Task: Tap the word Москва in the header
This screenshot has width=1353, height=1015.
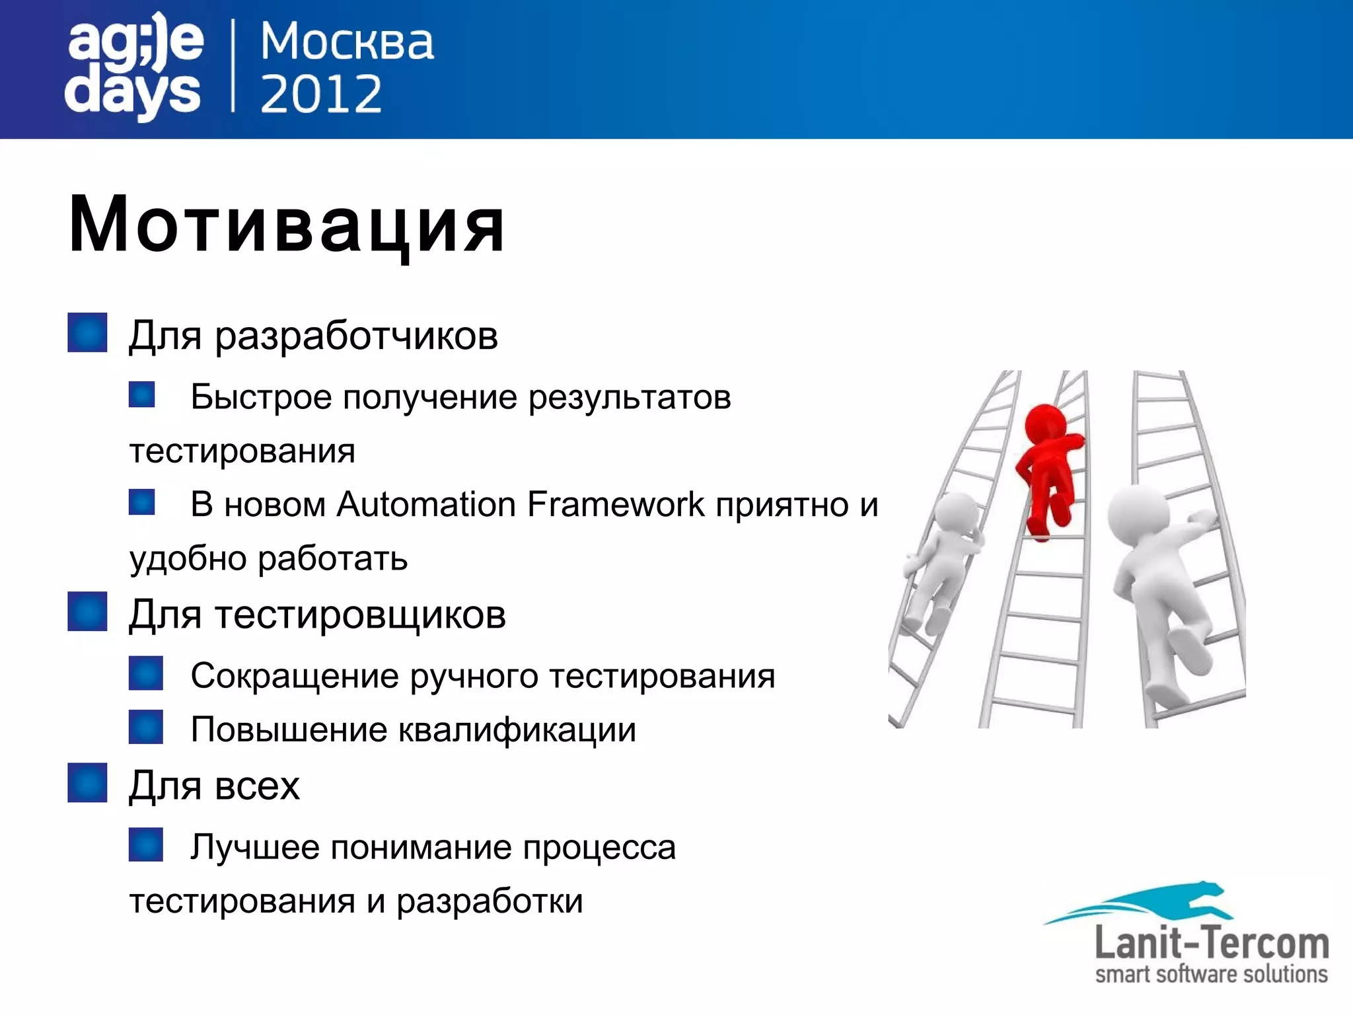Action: [x=347, y=42]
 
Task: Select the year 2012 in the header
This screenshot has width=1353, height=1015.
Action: [x=321, y=94]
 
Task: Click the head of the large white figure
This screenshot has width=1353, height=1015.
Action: [x=1138, y=515]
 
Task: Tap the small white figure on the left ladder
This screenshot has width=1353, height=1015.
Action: [x=941, y=562]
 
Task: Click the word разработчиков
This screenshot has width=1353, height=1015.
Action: [x=356, y=336]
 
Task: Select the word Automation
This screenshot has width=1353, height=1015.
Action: [x=426, y=505]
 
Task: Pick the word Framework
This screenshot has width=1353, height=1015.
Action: [x=616, y=505]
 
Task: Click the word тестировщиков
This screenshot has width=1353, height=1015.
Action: [x=361, y=615]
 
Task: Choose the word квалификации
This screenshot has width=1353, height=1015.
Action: [x=517, y=730]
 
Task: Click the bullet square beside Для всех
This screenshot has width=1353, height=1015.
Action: [x=87, y=783]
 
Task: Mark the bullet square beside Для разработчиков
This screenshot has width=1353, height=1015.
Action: [x=87, y=332]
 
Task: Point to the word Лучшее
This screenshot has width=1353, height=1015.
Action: [x=255, y=848]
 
